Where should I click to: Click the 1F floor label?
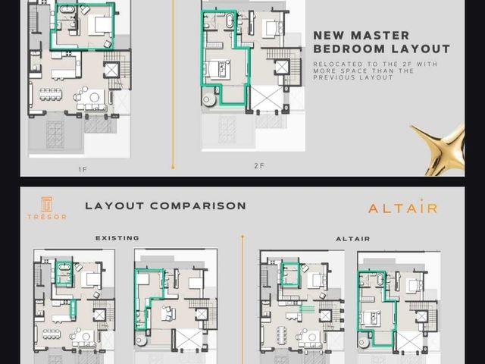pyautogui.click(x=83, y=169)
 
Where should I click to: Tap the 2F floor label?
pyautogui.click(x=259, y=166)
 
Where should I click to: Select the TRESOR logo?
pyautogui.click(x=47, y=208)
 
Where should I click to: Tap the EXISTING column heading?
pyautogui.click(x=117, y=238)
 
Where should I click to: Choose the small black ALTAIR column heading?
pyautogui.click(x=353, y=239)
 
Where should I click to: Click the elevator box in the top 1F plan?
pyautogui.click(x=111, y=70)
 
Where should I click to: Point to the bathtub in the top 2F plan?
pyautogui.click(x=230, y=21)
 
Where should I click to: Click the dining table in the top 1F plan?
pyautogui.click(x=50, y=94)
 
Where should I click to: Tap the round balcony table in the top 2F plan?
pyautogui.click(x=209, y=99)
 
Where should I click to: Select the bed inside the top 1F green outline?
pyautogui.click(x=99, y=25)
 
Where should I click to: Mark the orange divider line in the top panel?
pyautogui.click(x=173, y=84)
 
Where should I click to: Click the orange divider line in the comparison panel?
pyautogui.click(x=242, y=300)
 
